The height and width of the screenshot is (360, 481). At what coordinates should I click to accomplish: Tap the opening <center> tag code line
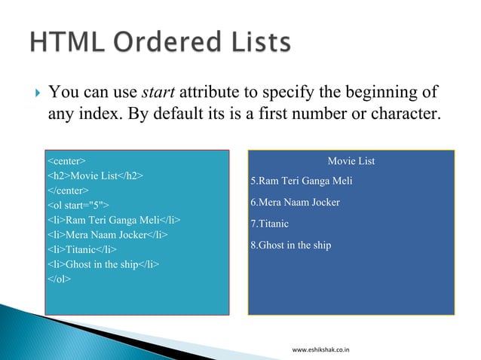click(66, 161)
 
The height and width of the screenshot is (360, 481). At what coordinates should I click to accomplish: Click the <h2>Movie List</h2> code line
click(96, 175)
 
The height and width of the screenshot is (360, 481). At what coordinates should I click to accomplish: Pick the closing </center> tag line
click(69, 190)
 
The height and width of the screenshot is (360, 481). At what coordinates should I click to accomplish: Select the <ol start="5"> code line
click(78, 205)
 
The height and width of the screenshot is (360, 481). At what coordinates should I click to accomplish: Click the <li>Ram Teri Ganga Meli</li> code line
click(114, 220)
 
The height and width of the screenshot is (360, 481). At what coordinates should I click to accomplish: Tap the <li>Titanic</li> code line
click(82, 249)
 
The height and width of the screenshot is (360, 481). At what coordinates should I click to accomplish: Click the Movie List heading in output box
click(351, 161)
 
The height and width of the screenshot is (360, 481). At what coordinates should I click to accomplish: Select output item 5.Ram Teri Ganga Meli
click(301, 181)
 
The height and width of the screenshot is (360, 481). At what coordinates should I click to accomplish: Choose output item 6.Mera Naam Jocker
click(295, 203)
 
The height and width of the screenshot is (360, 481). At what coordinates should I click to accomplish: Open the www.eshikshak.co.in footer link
click(325, 349)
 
